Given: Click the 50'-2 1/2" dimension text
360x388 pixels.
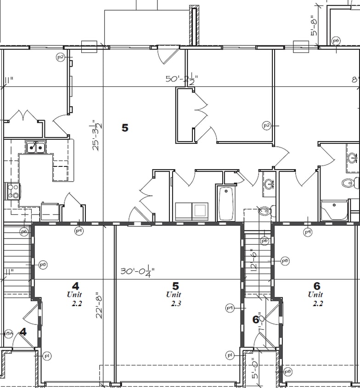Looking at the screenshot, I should tap(181, 80).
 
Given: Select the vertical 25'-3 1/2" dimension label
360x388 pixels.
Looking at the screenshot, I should tap(96, 136).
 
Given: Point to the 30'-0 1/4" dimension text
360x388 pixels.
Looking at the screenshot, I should tap(137, 271).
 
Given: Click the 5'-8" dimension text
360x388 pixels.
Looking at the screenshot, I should tap(315, 27).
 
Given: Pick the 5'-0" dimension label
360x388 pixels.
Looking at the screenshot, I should tap(256, 369).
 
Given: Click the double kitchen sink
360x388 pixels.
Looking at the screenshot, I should tap(35, 147).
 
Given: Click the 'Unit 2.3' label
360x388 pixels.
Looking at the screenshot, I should tap(174, 299).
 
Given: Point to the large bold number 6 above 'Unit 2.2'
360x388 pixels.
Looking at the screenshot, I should tap(317, 286).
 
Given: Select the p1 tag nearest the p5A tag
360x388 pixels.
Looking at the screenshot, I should tap(47, 355).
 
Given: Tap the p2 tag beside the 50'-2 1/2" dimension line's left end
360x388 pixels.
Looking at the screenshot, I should tap(60, 57).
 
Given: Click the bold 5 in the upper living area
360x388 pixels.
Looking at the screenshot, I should tap(125, 128).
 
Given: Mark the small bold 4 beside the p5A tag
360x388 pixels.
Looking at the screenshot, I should tap(23, 332).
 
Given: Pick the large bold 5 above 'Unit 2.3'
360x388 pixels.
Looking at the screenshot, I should tap(174, 286).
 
